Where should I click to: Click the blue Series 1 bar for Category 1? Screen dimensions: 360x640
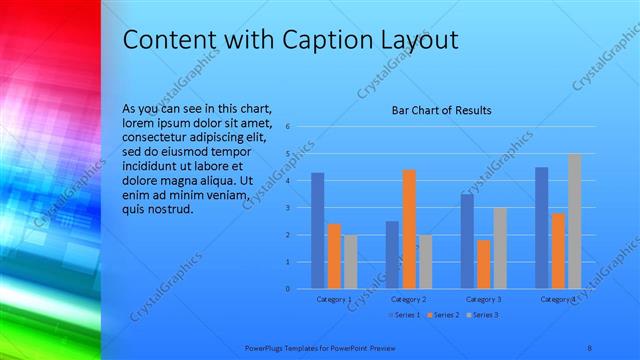(317, 231)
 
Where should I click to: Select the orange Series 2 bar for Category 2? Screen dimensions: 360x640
(409, 229)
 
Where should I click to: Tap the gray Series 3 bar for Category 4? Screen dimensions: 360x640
(574, 221)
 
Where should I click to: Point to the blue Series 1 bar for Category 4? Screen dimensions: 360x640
(541, 228)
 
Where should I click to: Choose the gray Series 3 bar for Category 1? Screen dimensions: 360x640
(350, 262)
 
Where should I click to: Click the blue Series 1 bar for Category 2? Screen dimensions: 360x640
(392, 255)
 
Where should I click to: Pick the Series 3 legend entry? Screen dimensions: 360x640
(482, 315)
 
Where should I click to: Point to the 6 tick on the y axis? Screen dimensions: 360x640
(287, 127)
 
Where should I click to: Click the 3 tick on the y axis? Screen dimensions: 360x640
(287, 208)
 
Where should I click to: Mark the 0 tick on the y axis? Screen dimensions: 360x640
(287, 289)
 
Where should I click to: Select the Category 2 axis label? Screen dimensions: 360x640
(408, 300)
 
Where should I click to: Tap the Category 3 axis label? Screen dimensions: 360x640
(483, 300)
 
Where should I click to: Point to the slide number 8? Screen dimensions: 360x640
(589, 347)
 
